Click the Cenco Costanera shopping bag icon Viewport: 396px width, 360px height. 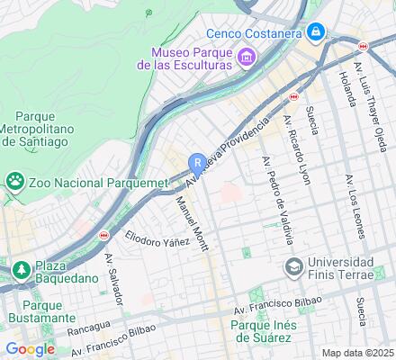(x=315, y=33)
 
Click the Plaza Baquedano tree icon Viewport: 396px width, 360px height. (x=20, y=267)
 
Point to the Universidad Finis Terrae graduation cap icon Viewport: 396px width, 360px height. (x=293, y=267)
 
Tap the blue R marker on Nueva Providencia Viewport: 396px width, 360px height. (x=197, y=163)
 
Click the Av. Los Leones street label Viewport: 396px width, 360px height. (x=356, y=208)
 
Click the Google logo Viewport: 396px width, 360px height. (x=30, y=349)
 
